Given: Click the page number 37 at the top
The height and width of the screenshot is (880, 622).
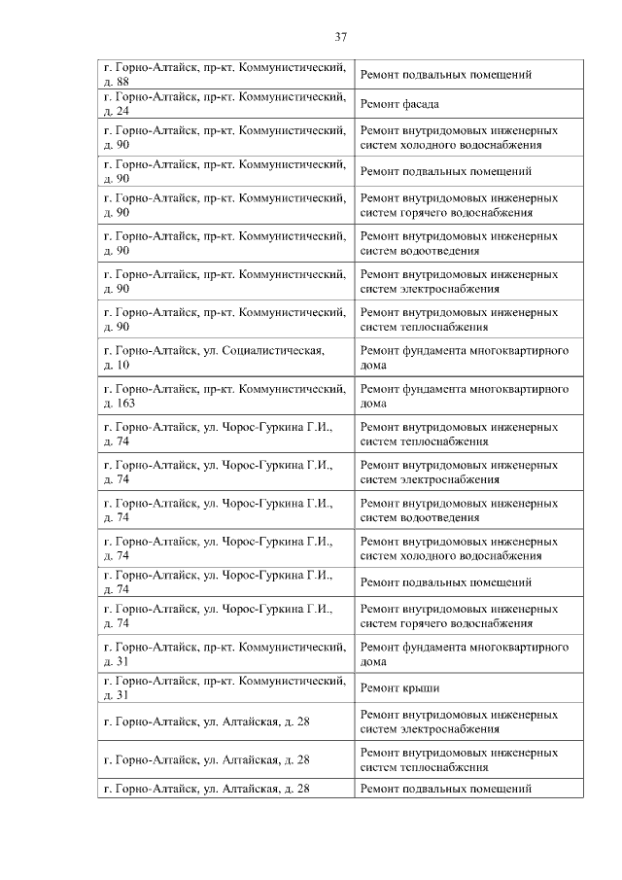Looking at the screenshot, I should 340,37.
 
